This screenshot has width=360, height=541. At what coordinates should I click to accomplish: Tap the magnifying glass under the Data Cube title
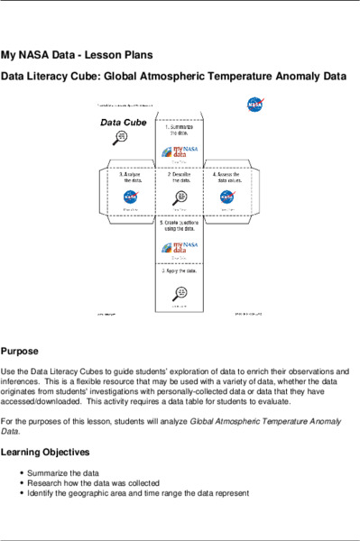121,136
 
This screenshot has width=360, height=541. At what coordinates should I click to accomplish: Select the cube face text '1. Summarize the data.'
180,132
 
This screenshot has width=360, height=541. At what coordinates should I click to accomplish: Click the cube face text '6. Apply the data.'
180,270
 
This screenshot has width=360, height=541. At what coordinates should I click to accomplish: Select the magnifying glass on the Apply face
180,292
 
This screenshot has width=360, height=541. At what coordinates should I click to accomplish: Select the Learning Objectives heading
45,452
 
